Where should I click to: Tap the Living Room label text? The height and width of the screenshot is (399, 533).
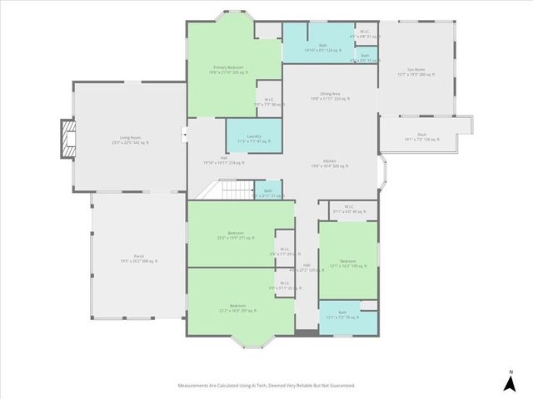click(129, 140)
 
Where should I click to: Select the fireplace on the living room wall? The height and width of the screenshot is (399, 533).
click(67, 139)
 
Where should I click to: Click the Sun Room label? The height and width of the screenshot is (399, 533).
click(416, 72)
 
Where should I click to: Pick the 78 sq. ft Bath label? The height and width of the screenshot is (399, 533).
click(342, 315)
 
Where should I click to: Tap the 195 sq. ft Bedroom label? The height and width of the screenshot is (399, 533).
click(347, 263)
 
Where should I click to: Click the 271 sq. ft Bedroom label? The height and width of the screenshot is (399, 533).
click(231, 235)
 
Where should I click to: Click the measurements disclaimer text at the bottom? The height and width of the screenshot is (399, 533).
click(266, 386)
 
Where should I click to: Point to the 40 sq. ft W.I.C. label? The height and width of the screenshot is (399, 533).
click(347, 209)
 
